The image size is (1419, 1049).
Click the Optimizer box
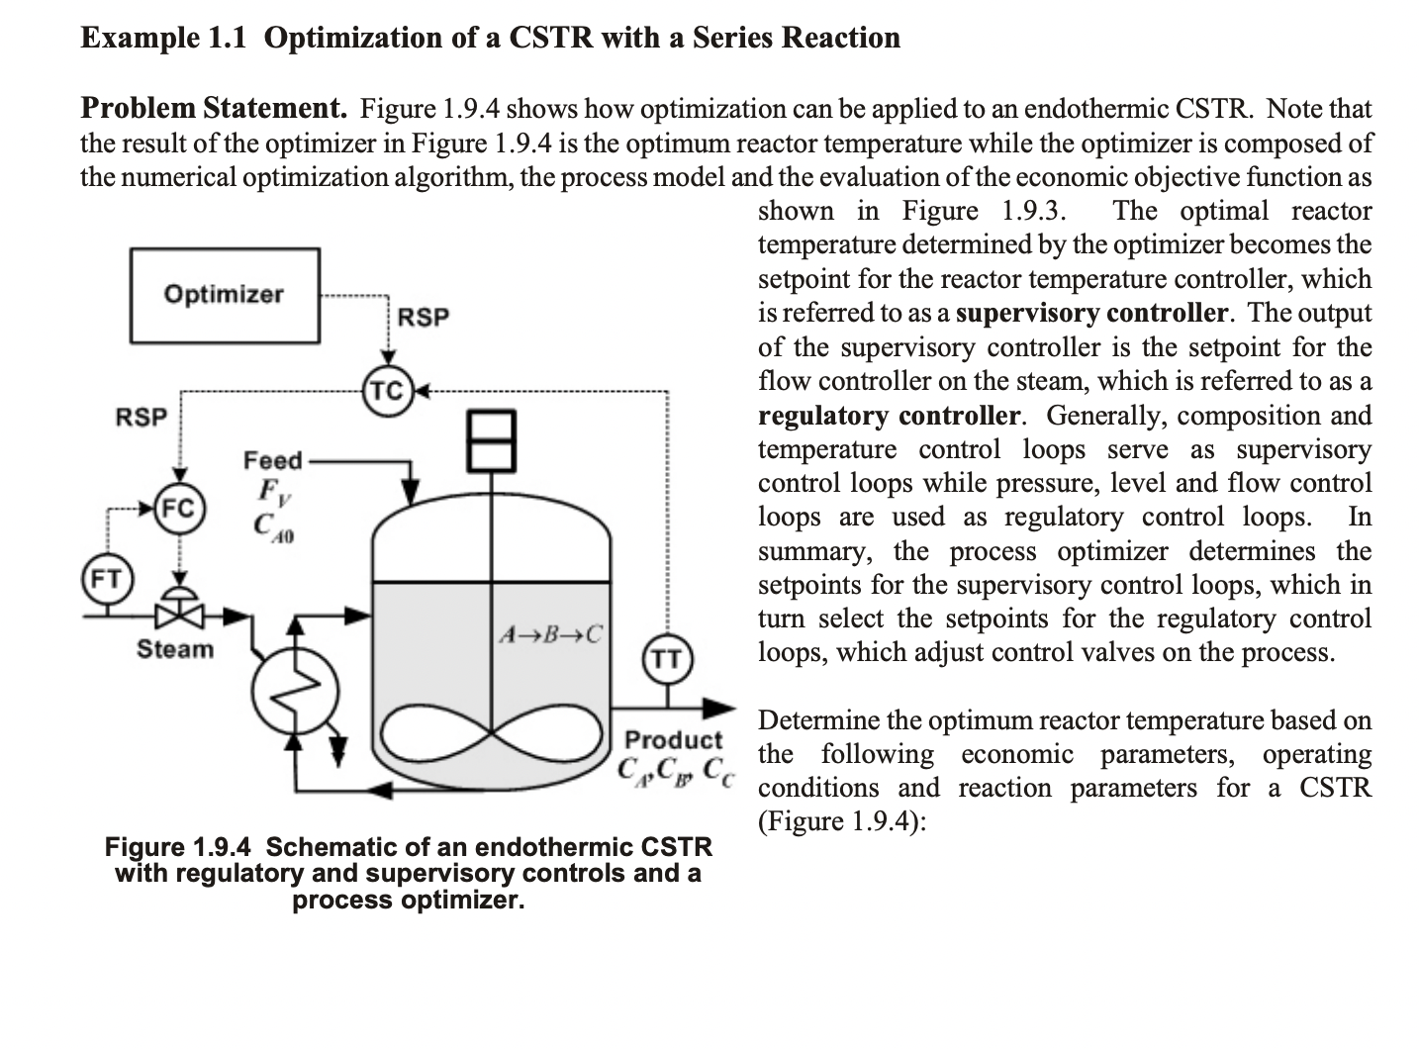coord(225,295)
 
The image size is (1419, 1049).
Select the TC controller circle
coord(387,392)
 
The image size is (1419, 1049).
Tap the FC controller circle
coord(179,510)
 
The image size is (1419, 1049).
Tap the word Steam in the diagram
coord(174,649)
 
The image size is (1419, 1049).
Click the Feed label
coord(272,460)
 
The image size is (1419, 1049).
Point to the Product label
coord(674,739)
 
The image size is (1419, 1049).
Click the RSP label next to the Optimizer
coord(423,318)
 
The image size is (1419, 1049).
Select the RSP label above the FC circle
coord(142,417)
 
